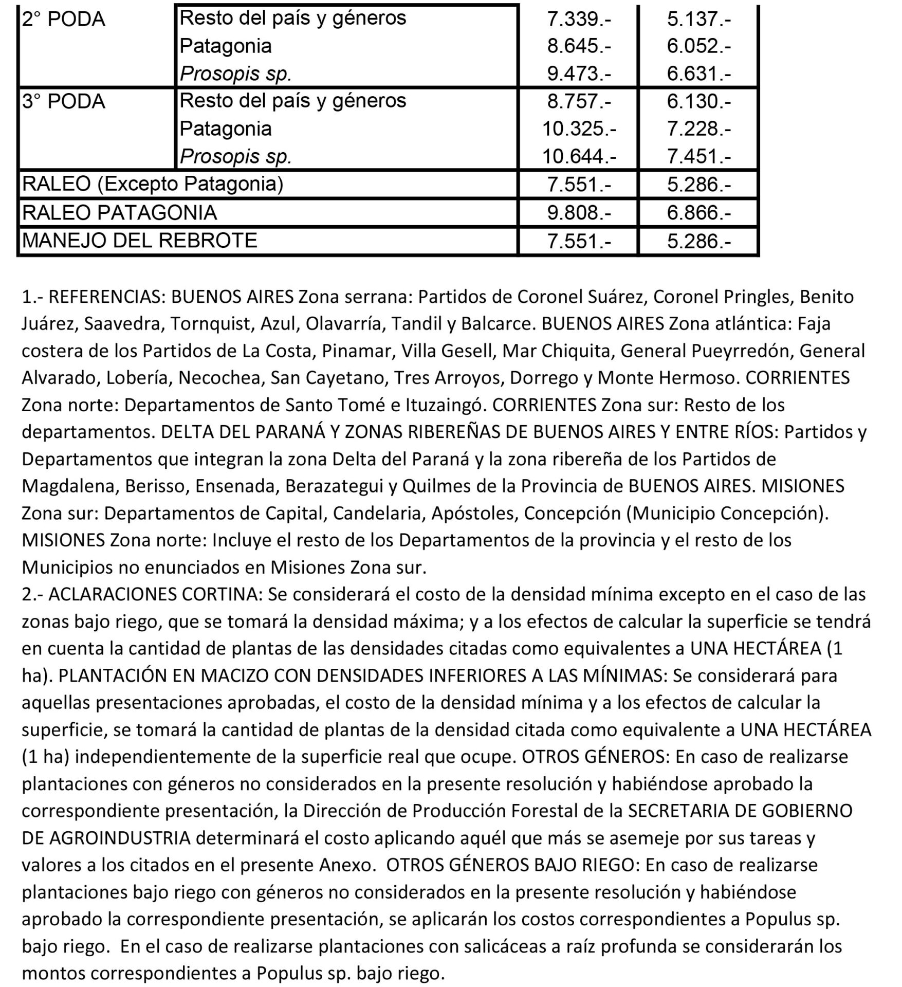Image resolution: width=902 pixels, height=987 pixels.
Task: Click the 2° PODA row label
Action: point(64,20)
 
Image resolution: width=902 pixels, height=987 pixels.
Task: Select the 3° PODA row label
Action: point(64,101)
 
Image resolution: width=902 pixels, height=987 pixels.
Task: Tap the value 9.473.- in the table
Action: point(579,74)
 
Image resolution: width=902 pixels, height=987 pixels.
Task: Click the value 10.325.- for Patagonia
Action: point(579,129)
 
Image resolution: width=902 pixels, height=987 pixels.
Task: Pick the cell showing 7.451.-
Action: point(698,156)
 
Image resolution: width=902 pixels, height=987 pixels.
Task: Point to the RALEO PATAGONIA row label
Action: point(120,212)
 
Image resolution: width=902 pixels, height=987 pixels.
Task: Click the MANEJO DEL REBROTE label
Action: point(140,240)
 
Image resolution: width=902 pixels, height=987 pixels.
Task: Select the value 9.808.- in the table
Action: point(579,213)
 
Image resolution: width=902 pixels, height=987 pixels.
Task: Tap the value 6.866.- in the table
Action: point(698,213)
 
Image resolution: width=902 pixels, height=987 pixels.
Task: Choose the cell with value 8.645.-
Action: point(579,47)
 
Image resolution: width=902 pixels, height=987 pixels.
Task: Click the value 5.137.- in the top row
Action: point(698,20)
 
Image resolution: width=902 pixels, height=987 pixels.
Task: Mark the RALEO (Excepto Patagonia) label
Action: point(153,184)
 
